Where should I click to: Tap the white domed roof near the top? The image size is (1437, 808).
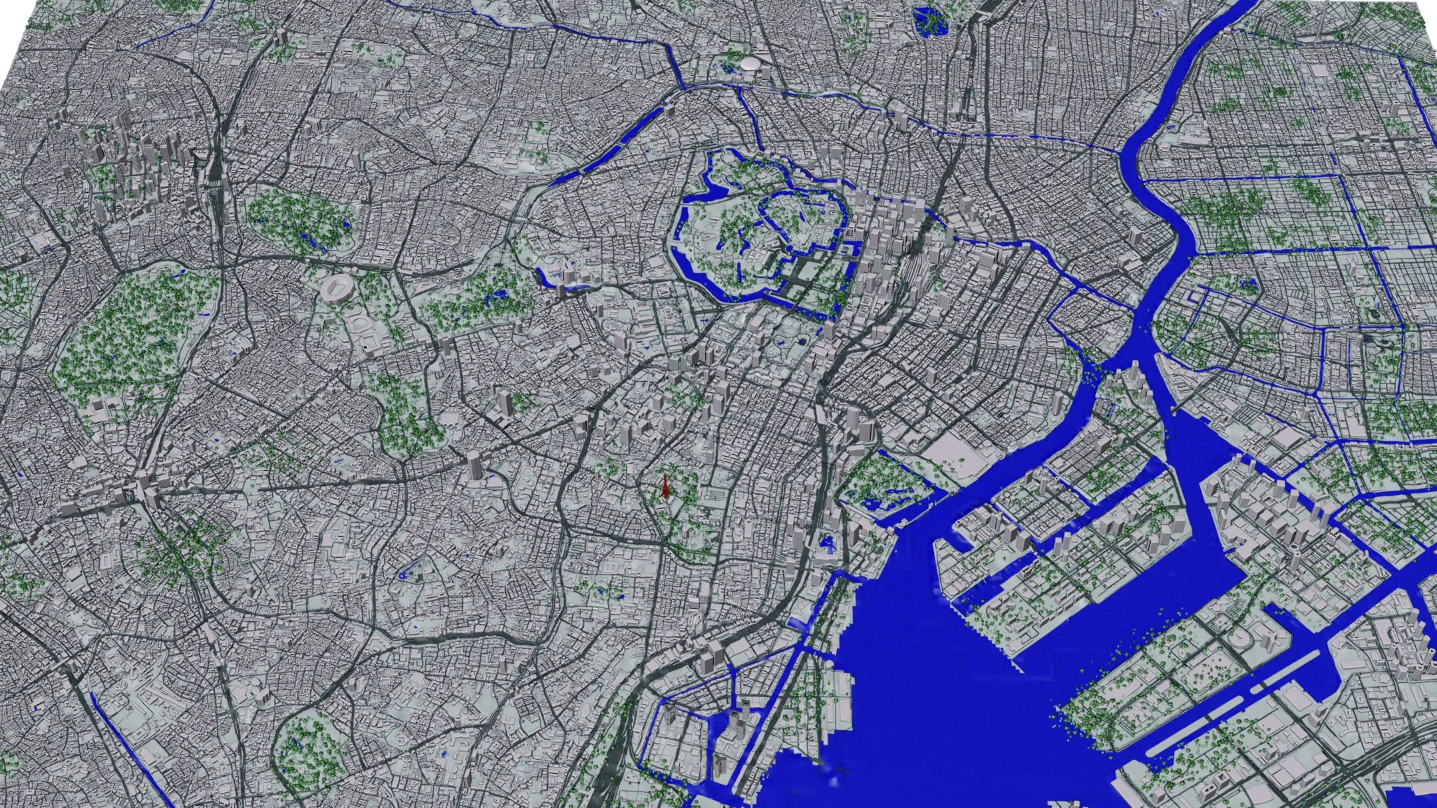pos(750,63)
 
